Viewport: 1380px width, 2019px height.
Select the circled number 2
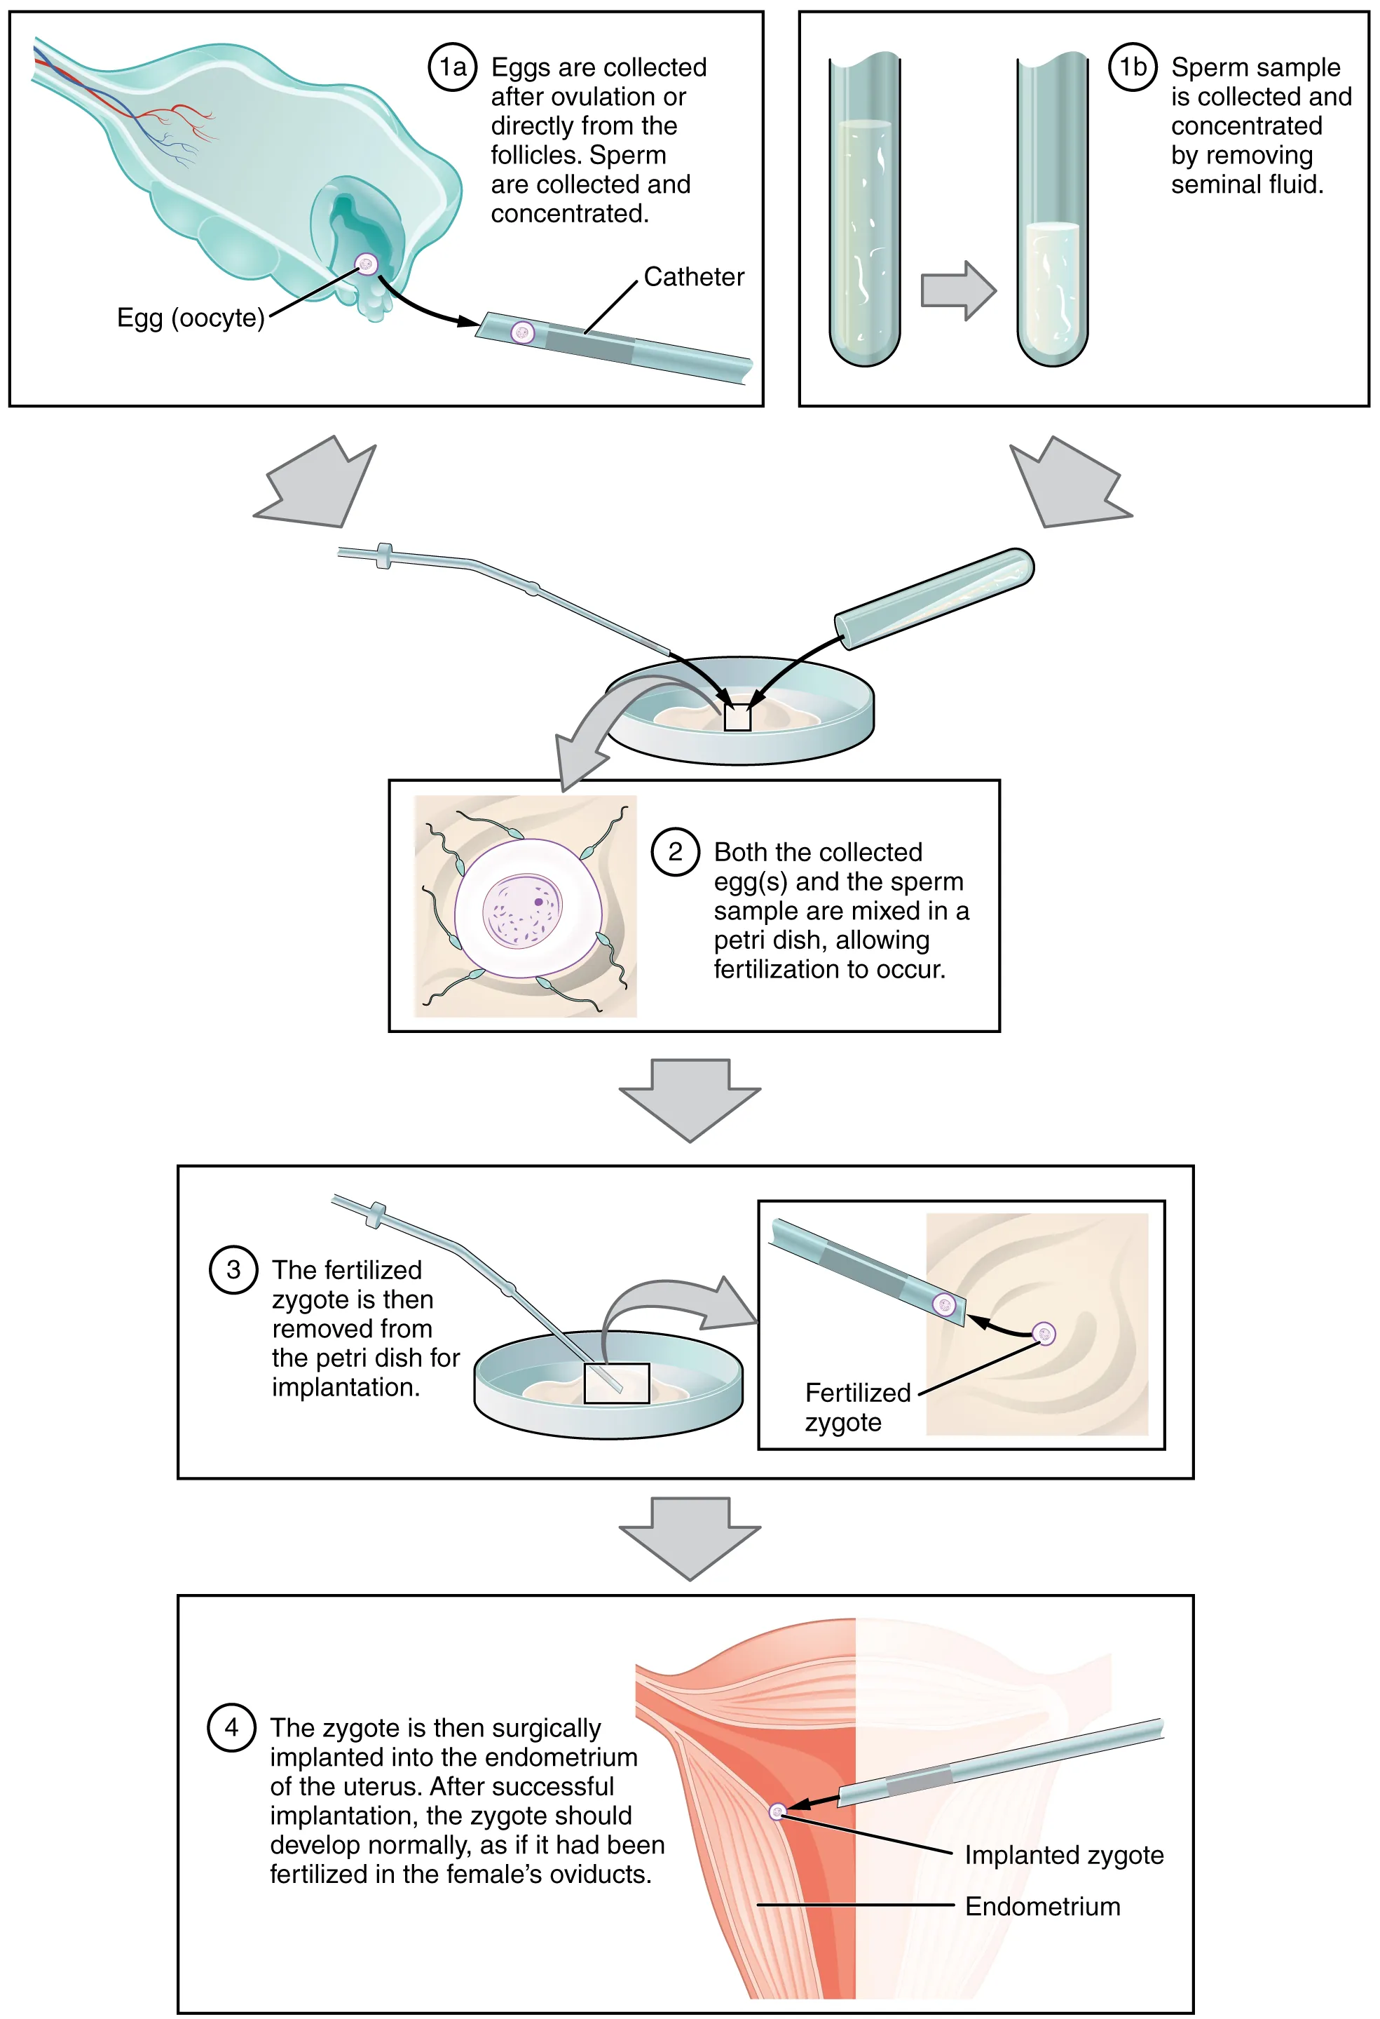click(x=675, y=851)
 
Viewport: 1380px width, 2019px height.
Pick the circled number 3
click(x=233, y=1269)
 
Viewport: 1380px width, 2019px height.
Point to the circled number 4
click(x=231, y=1727)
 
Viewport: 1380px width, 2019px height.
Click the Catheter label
click(x=693, y=276)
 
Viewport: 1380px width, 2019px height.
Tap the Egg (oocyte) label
click(x=190, y=318)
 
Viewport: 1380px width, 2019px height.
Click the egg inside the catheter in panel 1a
click(x=522, y=332)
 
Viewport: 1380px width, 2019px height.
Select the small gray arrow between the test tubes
click(x=957, y=290)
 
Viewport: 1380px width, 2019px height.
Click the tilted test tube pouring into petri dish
click(x=934, y=597)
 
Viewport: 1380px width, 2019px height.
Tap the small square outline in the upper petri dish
click(x=737, y=717)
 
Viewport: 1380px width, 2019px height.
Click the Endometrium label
click(x=1042, y=1906)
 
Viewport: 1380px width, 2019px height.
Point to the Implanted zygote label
click(x=1063, y=1854)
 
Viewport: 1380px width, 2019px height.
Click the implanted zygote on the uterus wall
click(x=777, y=1811)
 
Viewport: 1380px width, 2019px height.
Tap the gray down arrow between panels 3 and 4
click(x=690, y=1538)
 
